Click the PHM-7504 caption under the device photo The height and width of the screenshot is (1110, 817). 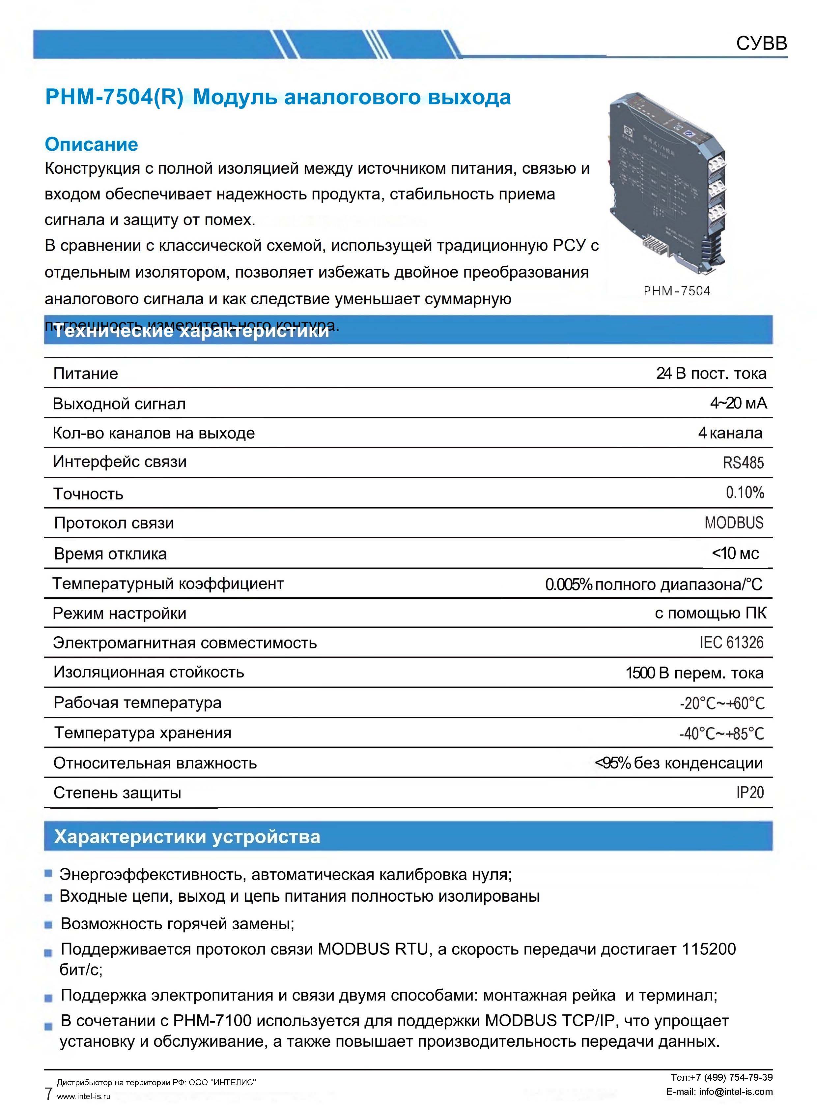677,291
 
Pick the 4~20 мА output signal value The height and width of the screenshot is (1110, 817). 738,403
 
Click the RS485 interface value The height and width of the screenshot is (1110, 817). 743,463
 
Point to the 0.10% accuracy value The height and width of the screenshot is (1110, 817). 745,493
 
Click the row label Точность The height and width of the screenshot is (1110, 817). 88,494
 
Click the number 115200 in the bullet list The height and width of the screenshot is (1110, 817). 708,949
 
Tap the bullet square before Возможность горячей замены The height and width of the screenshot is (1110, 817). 48,924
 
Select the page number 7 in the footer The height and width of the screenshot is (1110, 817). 48,1093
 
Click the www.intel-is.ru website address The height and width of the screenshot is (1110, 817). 84,1096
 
